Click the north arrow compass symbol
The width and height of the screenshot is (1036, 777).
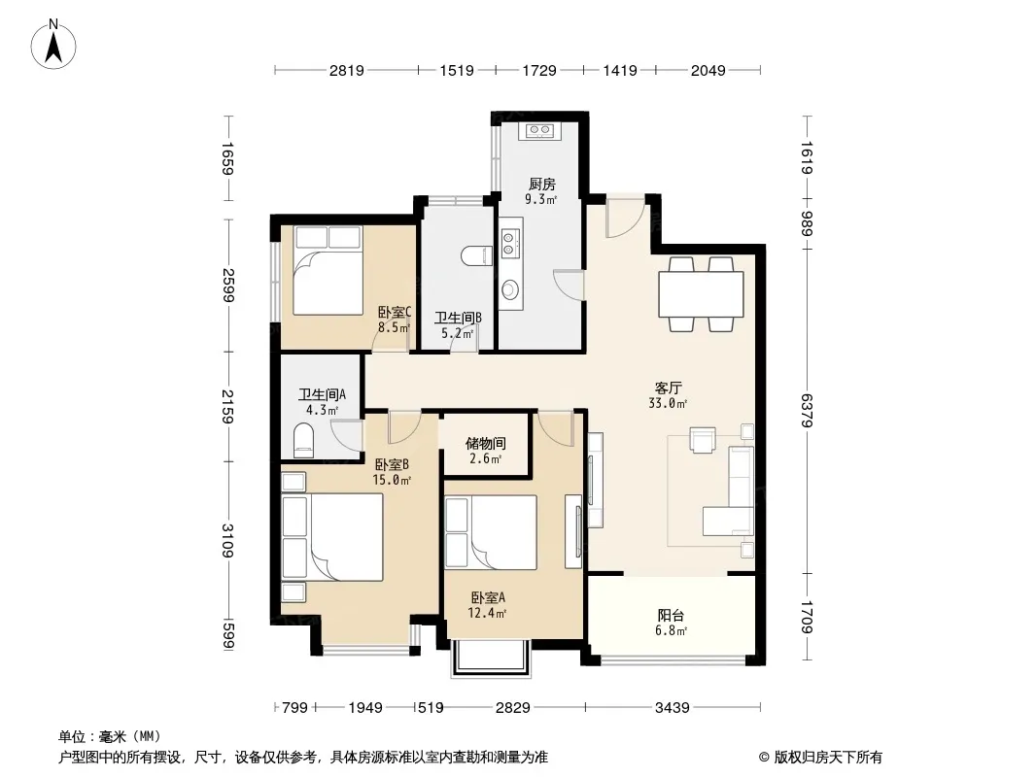tap(53, 45)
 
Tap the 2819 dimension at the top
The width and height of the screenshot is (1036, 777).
tap(347, 70)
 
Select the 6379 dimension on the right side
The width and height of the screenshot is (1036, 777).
tap(806, 411)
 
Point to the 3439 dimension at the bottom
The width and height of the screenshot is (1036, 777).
tap(672, 708)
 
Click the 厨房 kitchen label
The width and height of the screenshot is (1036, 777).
tap(541, 185)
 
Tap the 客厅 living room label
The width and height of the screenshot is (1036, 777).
tap(668, 388)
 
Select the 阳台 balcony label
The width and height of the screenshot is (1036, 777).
tap(671, 615)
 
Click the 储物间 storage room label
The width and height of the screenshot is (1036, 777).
tap(486, 443)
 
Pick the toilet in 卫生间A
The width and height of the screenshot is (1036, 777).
tap(304, 440)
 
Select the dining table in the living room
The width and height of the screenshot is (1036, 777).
tap(701, 294)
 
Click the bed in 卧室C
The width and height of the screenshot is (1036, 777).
tap(328, 270)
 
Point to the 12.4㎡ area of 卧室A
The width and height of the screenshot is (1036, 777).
tap(487, 613)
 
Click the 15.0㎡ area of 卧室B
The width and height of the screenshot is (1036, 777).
tap(392, 480)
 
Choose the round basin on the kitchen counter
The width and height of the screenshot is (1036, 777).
tap(509, 289)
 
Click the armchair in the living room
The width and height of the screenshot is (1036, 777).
tap(703, 440)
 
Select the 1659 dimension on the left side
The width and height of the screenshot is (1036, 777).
tap(227, 158)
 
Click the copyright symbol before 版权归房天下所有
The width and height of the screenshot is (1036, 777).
tap(765, 758)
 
